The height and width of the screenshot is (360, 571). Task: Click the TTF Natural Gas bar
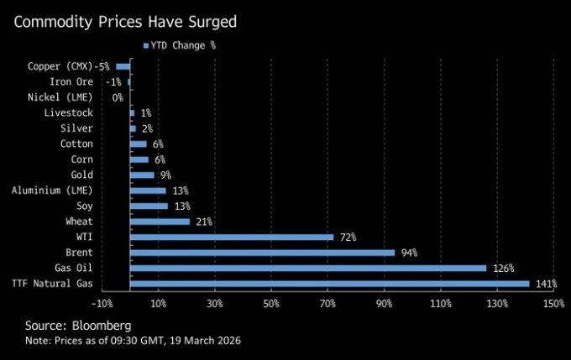point(330,284)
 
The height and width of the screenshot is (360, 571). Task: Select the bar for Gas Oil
point(308,269)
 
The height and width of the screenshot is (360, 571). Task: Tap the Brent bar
point(263,253)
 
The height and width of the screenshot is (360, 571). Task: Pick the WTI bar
point(232,237)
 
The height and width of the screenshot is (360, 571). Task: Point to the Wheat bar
point(160,222)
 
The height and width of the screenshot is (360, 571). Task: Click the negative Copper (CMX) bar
point(123,66)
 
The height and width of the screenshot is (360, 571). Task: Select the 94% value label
point(409,253)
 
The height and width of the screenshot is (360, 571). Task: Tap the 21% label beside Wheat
point(203,222)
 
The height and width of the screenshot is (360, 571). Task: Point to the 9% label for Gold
point(165,175)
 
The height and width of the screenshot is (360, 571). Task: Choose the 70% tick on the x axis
point(328,302)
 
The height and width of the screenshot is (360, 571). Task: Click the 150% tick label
point(554,302)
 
